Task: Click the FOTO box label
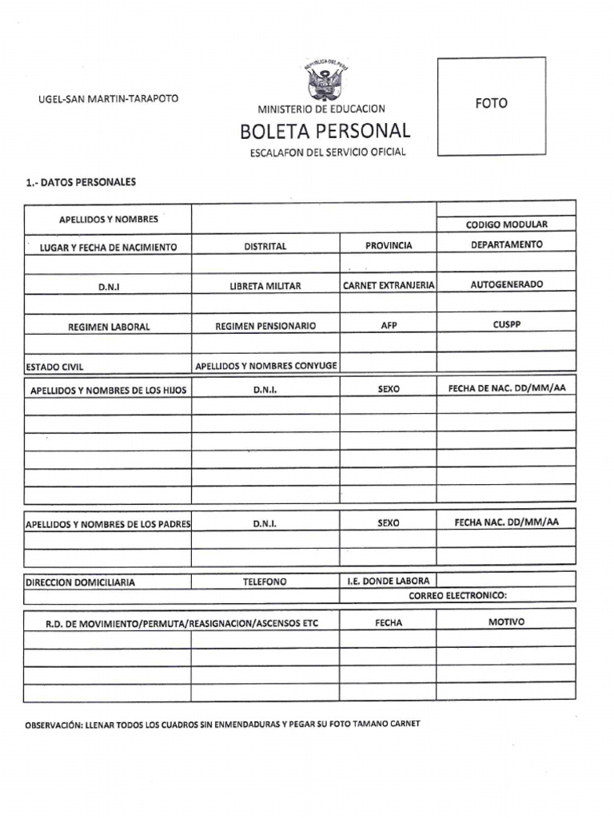pyautogui.click(x=491, y=103)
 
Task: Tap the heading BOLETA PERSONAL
pyautogui.click(x=325, y=131)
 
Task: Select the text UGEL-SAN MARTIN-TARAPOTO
pyautogui.click(x=109, y=98)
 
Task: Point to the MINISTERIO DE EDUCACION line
pyautogui.click(x=321, y=109)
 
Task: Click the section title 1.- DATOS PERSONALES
pyautogui.click(x=81, y=182)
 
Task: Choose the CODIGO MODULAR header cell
pyautogui.click(x=506, y=224)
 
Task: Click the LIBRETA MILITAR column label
pyautogui.click(x=265, y=285)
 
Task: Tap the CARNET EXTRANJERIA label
pyautogui.click(x=389, y=284)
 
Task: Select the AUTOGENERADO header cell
pyautogui.click(x=506, y=284)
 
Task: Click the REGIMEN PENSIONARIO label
pyautogui.click(x=265, y=326)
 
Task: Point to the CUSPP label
pyautogui.click(x=506, y=325)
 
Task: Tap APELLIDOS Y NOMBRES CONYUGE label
pyautogui.click(x=266, y=365)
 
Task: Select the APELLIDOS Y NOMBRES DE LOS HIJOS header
pyautogui.click(x=108, y=390)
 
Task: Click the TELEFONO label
pyautogui.click(x=265, y=582)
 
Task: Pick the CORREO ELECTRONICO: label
pyautogui.click(x=457, y=596)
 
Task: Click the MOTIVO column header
pyautogui.click(x=506, y=621)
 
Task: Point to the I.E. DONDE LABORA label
pyautogui.click(x=388, y=582)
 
